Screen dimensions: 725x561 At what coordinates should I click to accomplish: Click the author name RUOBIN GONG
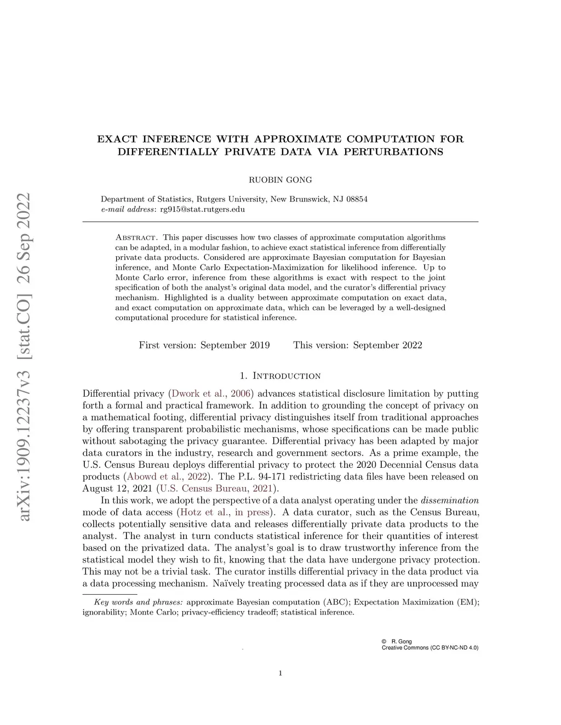[280, 179]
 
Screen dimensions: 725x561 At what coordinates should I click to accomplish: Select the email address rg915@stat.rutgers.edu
[202, 209]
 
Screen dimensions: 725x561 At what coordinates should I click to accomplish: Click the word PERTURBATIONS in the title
[393, 152]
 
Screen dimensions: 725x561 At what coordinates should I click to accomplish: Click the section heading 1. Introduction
[280, 376]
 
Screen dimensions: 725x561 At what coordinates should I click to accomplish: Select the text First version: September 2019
[204, 345]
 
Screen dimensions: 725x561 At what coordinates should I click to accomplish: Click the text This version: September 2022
[358, 345]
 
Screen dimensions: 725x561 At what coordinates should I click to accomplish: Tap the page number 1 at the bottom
[280, 674]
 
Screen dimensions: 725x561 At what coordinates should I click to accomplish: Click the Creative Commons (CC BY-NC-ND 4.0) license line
[430, 648]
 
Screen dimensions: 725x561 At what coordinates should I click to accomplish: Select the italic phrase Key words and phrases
[138, 602]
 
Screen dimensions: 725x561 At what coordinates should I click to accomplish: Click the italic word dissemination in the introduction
[449, 501]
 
